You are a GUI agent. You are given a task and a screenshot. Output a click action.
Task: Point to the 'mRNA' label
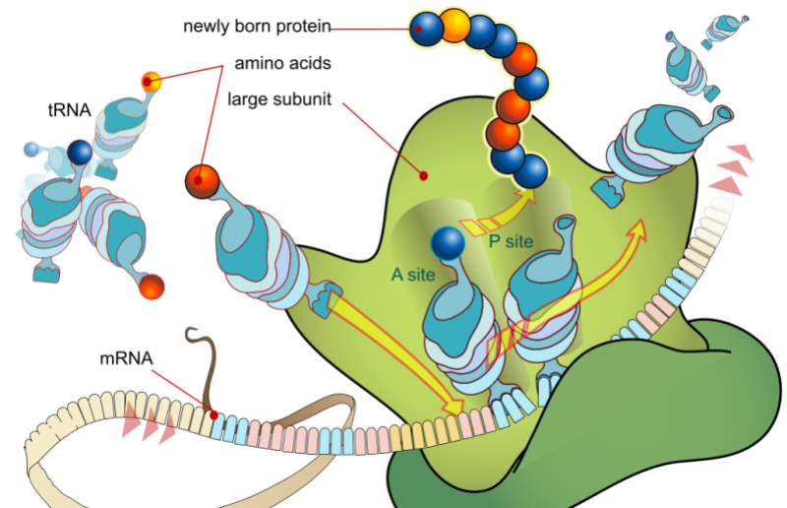125,358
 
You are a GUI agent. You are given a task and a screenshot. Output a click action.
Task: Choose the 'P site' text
510,242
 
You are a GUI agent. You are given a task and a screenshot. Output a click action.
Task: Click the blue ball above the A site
448,242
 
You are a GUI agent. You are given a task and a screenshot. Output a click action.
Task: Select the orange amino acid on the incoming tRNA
202,180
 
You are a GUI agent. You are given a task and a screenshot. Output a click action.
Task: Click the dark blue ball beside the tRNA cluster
80,152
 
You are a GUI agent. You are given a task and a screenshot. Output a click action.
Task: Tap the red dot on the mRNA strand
213,414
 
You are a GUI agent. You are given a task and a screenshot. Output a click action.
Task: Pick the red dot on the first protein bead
419,30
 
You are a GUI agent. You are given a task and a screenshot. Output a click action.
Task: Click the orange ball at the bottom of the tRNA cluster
151,287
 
